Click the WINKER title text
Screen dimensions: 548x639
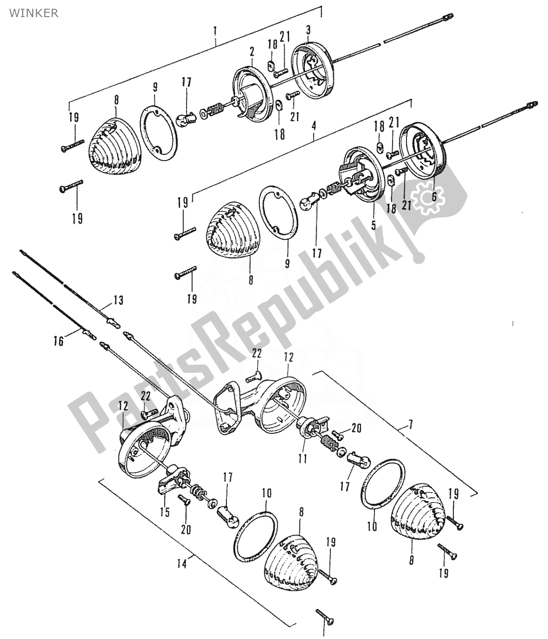tap(34, 13)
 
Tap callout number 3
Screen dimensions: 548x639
tap(308, 30)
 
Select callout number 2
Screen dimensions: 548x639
tap(252, 52)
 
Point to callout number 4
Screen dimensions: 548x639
tap(314, 126)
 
